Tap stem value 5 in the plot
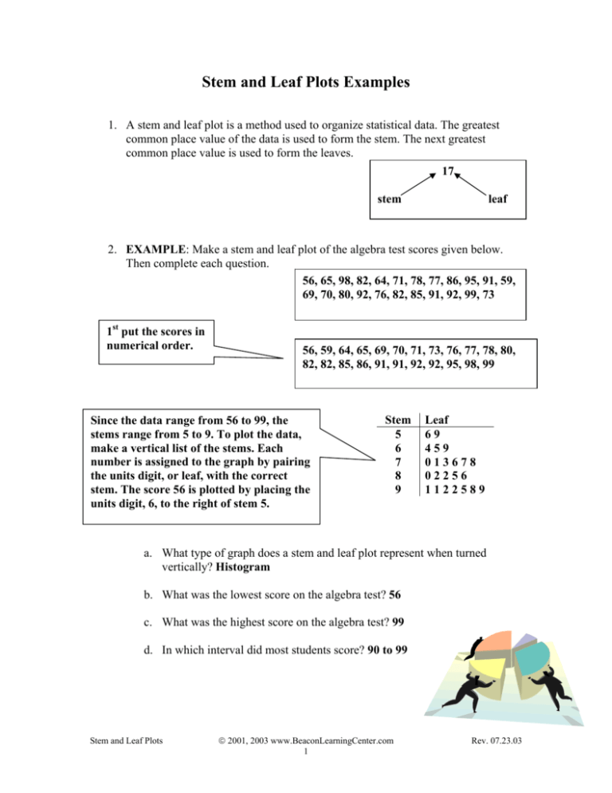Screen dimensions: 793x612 [398, 434]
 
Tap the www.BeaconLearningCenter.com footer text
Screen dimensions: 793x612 [306, 765]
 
